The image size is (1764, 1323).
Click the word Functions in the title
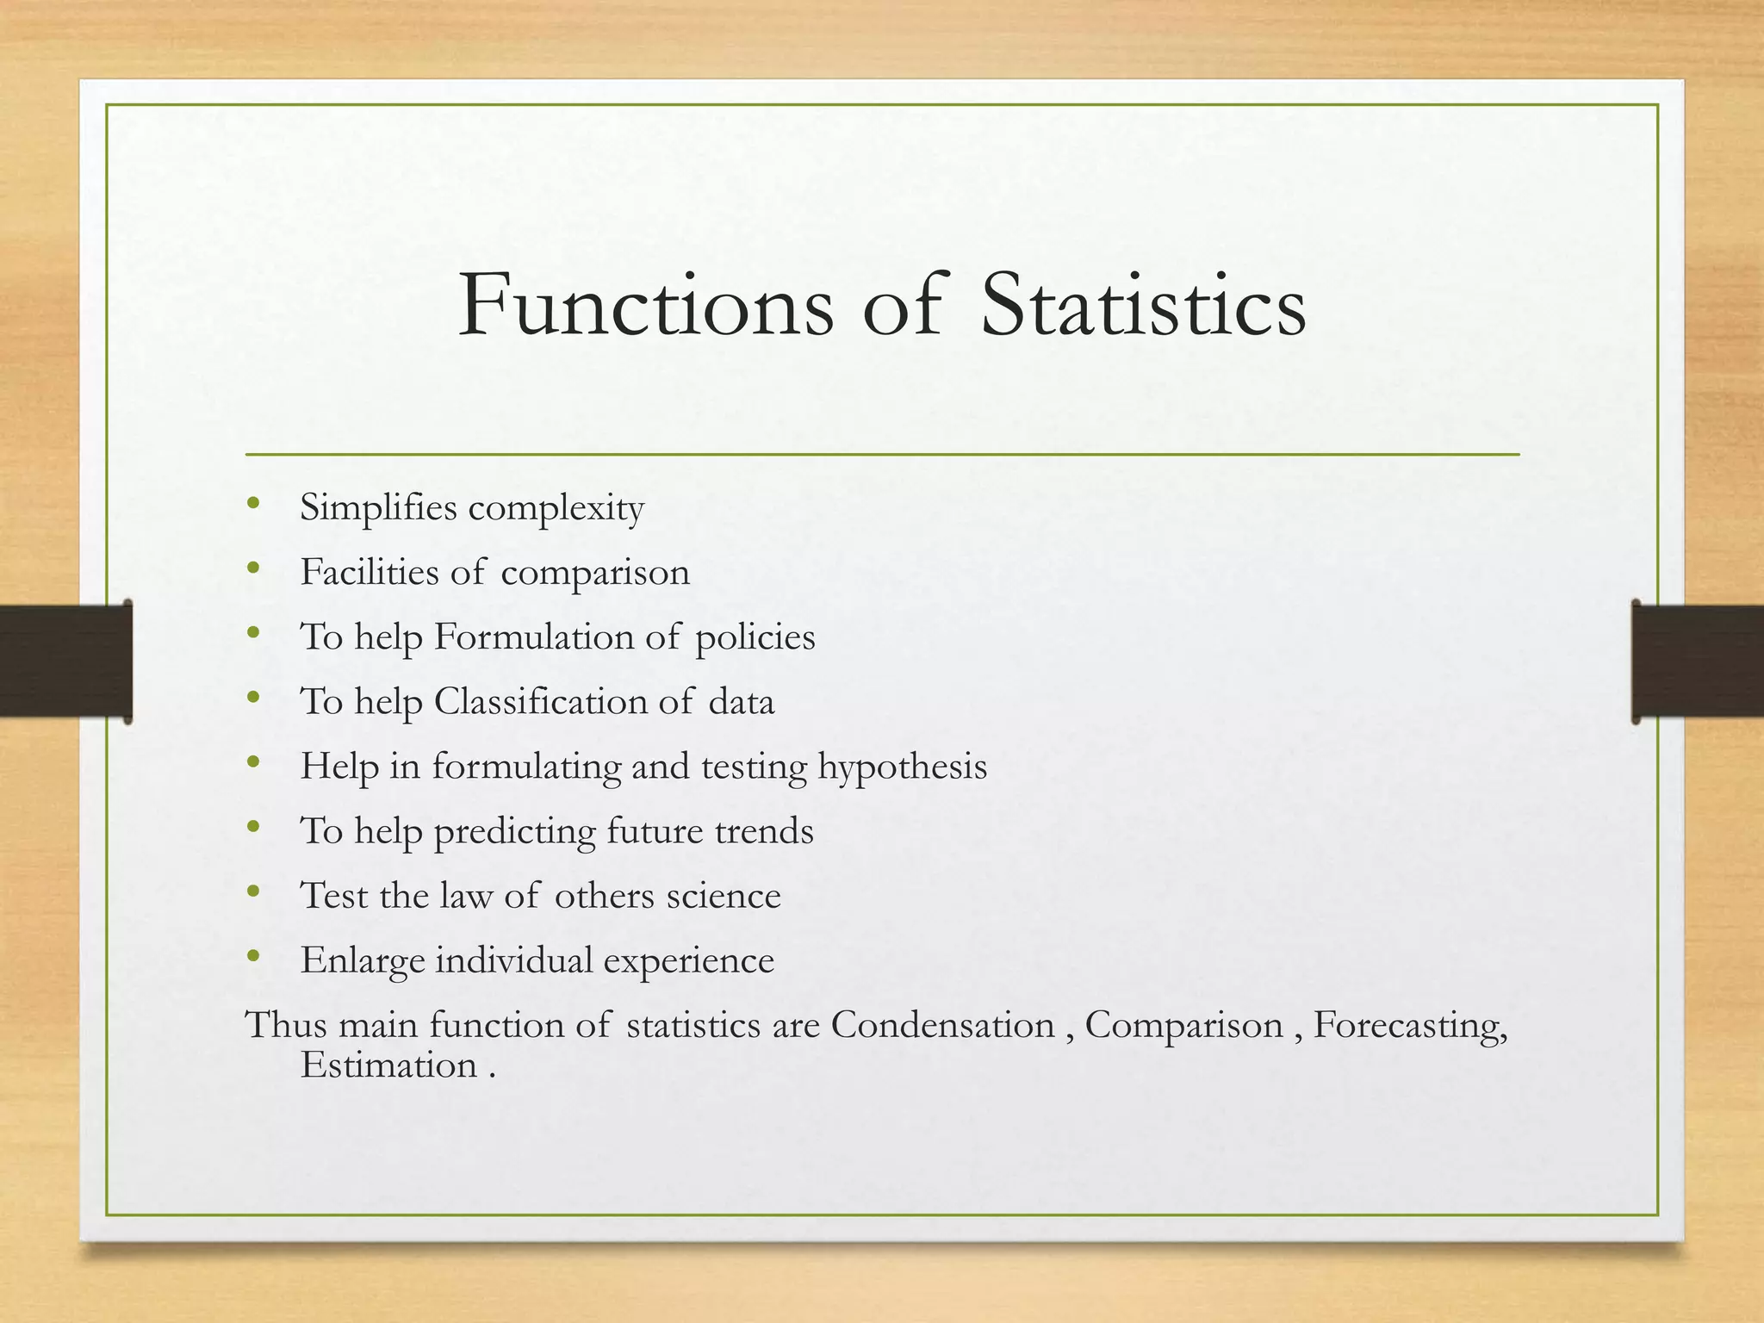(646, 306)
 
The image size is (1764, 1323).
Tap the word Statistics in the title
(1143, 306)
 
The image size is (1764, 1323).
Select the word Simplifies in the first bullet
(378, 507)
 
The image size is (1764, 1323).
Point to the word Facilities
(369, 572)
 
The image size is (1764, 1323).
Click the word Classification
(541, 701)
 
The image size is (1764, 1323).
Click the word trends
(764, 831)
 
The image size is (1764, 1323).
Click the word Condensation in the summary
(942, 1025)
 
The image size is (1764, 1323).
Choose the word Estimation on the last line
(388, 1065)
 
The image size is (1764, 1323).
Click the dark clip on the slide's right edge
(1697, 661)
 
